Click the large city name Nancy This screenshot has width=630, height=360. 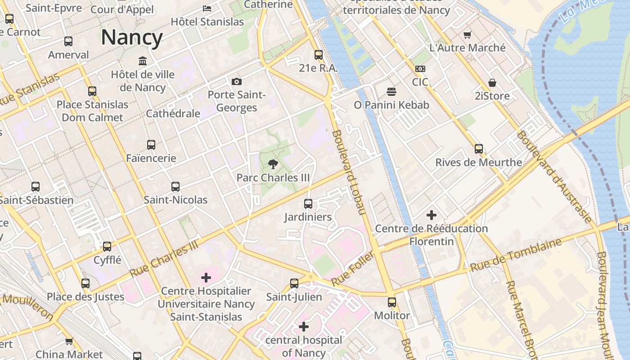click(x=131, y=37)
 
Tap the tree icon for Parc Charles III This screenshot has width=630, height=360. click(x=273, y=164)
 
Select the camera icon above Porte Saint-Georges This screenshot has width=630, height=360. click(x=236, y=81)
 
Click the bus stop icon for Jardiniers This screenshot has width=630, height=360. click(x=308, y=204)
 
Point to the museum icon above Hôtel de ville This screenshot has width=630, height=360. click(x=143, y=61)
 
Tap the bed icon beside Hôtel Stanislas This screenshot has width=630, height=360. click(x=207, y=9)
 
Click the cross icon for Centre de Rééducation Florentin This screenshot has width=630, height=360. click(x=431, y=215)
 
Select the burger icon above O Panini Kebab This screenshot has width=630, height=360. click(x=391, y=92)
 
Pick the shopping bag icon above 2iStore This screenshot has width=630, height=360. click(x=492, y=83)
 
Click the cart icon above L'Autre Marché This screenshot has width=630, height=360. click(x=468, y=35)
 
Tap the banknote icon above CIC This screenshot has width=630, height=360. click(x=420, y=69)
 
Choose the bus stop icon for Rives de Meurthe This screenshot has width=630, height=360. click(x=479, y=149)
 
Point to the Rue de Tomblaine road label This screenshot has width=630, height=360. click(x=516, y=255)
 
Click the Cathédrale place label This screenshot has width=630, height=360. click(x=173, y=113)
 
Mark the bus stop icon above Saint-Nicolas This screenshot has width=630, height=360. click(x=175, y=187)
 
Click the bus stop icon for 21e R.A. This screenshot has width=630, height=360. click(x=319, y=55)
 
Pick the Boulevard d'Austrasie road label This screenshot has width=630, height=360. click(x=554, y=176)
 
